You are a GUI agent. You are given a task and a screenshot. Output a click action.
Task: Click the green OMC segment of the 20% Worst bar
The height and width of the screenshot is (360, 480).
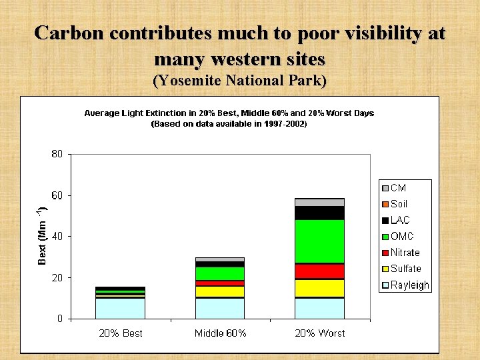coord(319,241)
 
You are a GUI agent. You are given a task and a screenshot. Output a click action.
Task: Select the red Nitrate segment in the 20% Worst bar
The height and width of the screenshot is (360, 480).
coord(319,271)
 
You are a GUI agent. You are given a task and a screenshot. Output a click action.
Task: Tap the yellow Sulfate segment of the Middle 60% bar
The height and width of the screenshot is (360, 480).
coord(219,291)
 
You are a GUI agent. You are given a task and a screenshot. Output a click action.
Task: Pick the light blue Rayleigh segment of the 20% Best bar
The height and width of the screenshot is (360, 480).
coord(120,308)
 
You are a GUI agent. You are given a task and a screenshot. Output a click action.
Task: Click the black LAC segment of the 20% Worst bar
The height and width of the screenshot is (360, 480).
coord(319,213)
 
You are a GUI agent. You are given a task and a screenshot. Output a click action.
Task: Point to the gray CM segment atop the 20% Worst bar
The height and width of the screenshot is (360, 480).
coord(319,202)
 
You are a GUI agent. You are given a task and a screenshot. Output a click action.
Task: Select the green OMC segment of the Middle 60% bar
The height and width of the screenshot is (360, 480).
coord(219,273)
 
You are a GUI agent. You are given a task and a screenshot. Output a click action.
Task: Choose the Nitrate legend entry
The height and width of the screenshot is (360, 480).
coord(404,253)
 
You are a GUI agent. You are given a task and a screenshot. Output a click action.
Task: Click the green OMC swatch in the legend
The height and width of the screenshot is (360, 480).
coord(385,237)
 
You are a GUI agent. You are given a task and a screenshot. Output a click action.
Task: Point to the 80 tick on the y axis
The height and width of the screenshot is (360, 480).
coord(57,154)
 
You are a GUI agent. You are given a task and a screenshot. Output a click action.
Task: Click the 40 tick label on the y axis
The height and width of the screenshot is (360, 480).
coord(57,237)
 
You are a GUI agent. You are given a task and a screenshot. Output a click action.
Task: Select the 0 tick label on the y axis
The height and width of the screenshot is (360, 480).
coord(60,319)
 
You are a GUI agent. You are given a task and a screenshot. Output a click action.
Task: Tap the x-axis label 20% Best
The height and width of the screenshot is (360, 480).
coord(120,333)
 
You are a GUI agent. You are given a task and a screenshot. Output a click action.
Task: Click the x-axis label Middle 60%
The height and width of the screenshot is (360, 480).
coord(220,333)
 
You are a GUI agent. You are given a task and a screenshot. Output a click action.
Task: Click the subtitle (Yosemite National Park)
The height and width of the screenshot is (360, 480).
coord(240,81)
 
